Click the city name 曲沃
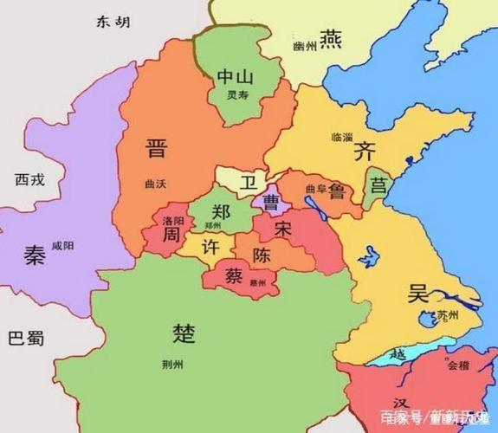(x=156, y=184)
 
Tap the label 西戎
(x=29, y=179)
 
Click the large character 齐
(x=365, y=152)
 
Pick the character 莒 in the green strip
(x=378, y=185)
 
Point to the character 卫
(x=249, y=182)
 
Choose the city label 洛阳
(x=173, y=221)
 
